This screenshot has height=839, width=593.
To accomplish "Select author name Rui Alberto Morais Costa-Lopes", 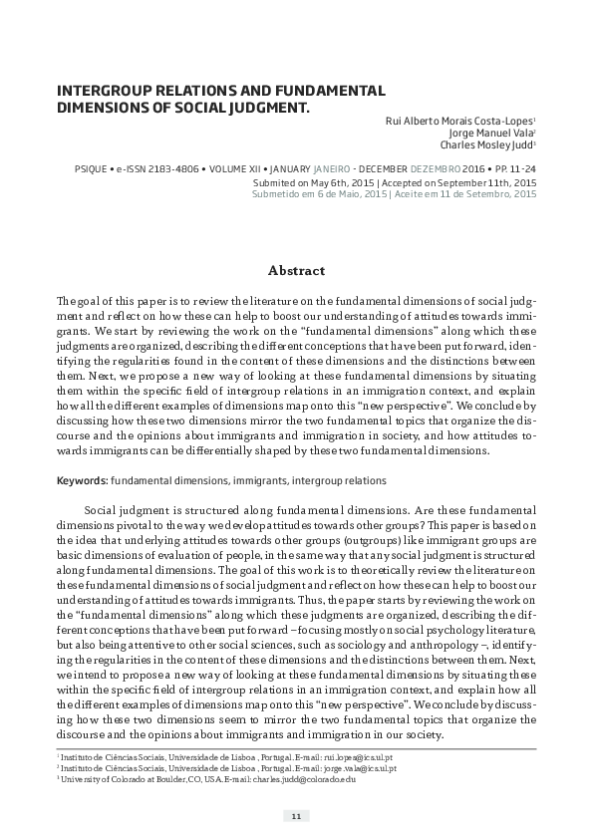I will [x=459, y=119].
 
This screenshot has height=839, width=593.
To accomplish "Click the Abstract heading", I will [x=296, y=270].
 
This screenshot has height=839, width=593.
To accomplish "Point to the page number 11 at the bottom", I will [x=296, y=816].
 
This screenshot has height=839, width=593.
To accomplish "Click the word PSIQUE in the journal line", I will [x=74, y=169].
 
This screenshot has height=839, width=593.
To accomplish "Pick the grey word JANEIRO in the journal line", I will [x=330, y=169].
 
